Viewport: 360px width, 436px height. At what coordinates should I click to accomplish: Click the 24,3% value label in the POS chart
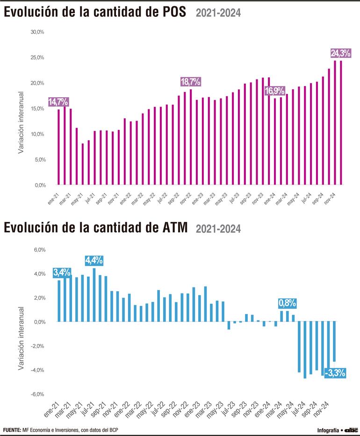point(340,53)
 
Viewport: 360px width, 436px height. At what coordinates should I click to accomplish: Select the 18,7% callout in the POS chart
point(190,82)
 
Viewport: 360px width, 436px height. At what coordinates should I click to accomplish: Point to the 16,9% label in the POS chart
point(275,91)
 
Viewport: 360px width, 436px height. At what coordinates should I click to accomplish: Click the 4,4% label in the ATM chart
point(94,260)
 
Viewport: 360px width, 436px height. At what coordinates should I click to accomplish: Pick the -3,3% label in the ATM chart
point(335,373)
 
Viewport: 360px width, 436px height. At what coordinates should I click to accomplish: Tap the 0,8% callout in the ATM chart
point(287,303)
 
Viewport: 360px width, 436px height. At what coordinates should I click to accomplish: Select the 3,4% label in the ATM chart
point(62,272)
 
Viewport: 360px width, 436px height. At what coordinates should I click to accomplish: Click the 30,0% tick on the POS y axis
point(37,32)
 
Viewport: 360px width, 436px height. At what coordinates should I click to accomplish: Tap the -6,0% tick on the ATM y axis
point(38,394)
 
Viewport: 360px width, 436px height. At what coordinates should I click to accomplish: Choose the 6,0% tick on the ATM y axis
point(39,250)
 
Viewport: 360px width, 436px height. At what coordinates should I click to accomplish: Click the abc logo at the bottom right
point(351,429)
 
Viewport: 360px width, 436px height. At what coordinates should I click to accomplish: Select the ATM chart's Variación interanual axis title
point(21,339)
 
